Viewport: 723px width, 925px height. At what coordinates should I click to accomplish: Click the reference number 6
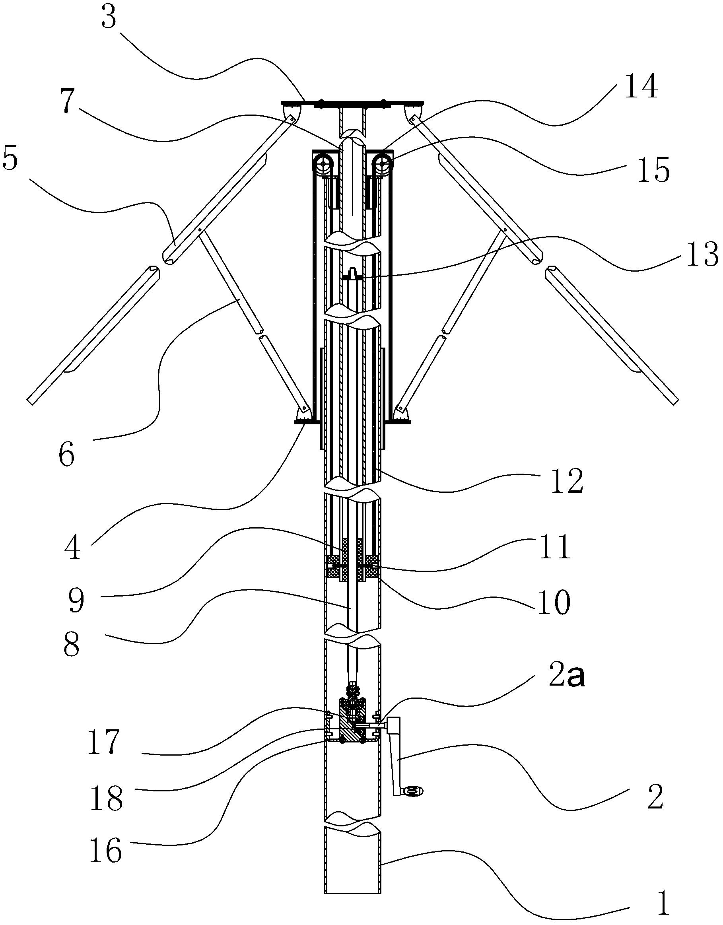[x=66, y=455]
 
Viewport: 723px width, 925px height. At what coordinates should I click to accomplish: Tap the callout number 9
[x=77, y=600]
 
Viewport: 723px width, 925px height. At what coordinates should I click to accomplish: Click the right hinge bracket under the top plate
[x=412, y=112]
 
